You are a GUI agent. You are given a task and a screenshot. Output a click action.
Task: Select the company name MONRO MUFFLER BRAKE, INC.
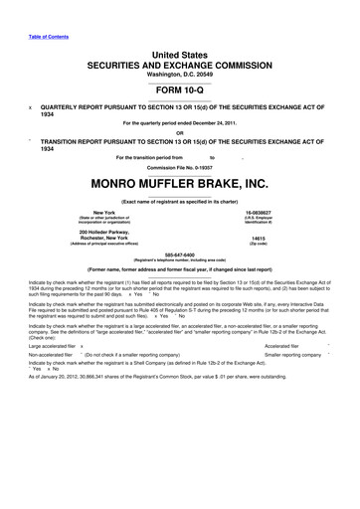[179, 184]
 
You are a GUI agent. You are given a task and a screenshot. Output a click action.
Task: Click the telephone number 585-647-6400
[179, 280]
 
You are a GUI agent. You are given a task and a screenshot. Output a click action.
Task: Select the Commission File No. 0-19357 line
[179, 167]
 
